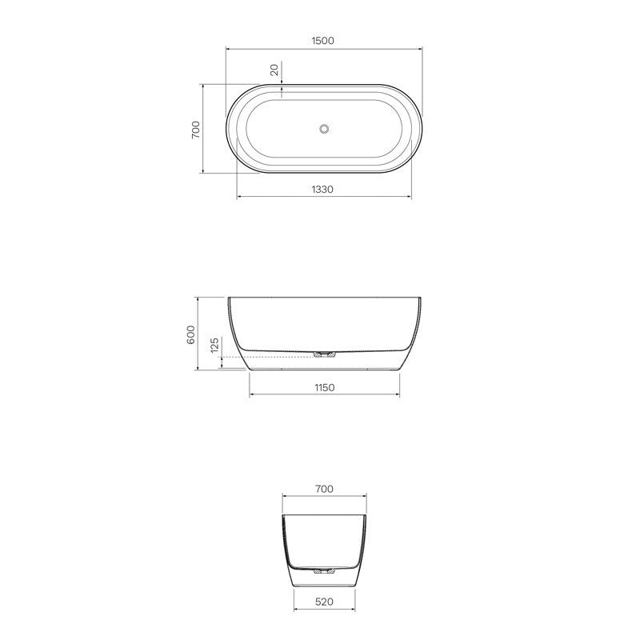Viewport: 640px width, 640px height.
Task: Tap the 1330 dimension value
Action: coord(324,189)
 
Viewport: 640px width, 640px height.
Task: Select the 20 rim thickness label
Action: coord(275,70)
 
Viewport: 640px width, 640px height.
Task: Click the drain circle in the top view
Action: coord(324,128)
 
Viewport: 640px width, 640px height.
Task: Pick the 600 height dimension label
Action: coord(190,334)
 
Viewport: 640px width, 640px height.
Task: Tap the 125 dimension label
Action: coord(214,346)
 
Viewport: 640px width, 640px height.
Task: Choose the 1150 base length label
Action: coord(324,387)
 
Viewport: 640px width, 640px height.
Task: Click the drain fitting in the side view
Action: coord(325,353)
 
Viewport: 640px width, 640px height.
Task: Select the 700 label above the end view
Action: coord(324,489)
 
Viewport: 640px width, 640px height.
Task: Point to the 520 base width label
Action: coord(324,601)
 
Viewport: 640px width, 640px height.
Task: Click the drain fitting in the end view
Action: coord(324,571)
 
